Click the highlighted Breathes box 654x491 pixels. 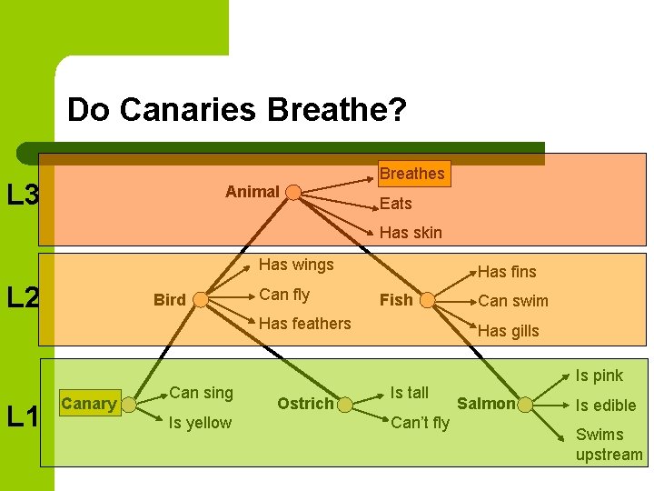411,174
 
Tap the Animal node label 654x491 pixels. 252,192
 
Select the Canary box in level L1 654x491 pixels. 89,404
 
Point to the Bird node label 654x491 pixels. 170,300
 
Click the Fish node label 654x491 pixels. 395,300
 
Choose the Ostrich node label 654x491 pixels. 305,404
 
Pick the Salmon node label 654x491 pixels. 486,404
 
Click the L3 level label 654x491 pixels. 22,195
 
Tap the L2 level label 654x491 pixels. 22,298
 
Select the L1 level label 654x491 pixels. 22,417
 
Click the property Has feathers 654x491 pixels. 305,324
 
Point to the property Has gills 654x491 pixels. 508,331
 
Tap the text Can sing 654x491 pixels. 201,393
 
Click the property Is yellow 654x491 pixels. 200,423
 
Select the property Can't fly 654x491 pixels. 420,423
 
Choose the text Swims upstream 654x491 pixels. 609,445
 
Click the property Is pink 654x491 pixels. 599,376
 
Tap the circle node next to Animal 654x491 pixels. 293,192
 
